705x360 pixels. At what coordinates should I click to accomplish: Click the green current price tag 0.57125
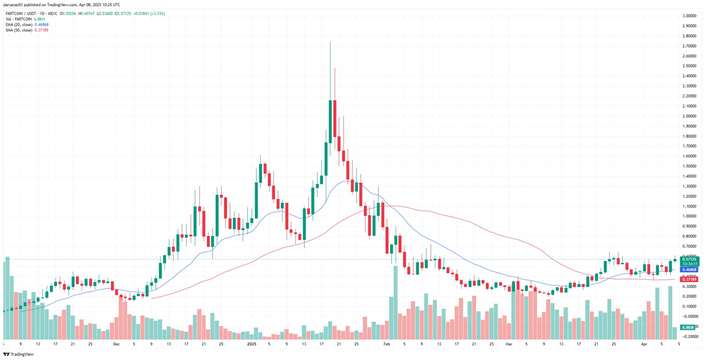coord(689,259)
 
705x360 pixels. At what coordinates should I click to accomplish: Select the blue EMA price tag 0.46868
coord(689,269)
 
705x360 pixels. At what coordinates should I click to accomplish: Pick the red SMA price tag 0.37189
coord(689,279)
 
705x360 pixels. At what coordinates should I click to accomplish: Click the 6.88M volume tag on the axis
coord(687,327)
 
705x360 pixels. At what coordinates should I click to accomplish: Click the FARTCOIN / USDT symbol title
coord(19,14)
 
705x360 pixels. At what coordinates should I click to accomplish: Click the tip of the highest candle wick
coord(330,42)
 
